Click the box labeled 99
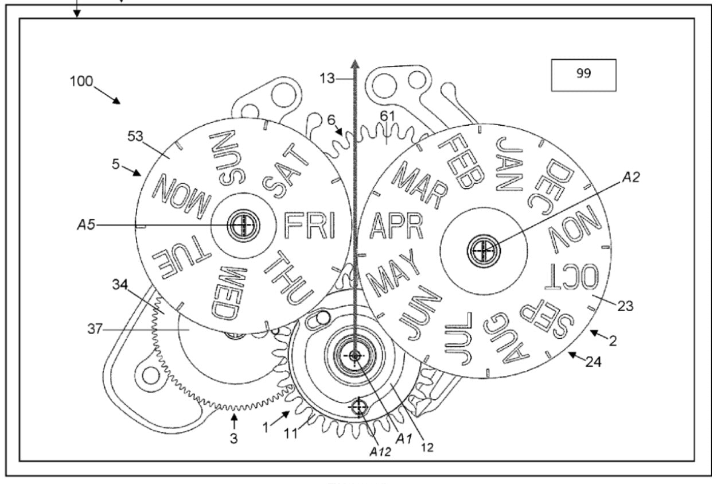pyautogui.click(x=583, y=75)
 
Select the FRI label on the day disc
pyautogui.click(x=310, y=226)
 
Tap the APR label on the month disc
pyautogui.click(x=396, y=226)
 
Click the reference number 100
pyautogui.click(x=81, y=82)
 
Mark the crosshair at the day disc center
pyautogui.click(x=244, y=225)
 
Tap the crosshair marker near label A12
pyautogui.click(x=359, y=407)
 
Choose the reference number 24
pyautogui.click(x=594, y=362)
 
